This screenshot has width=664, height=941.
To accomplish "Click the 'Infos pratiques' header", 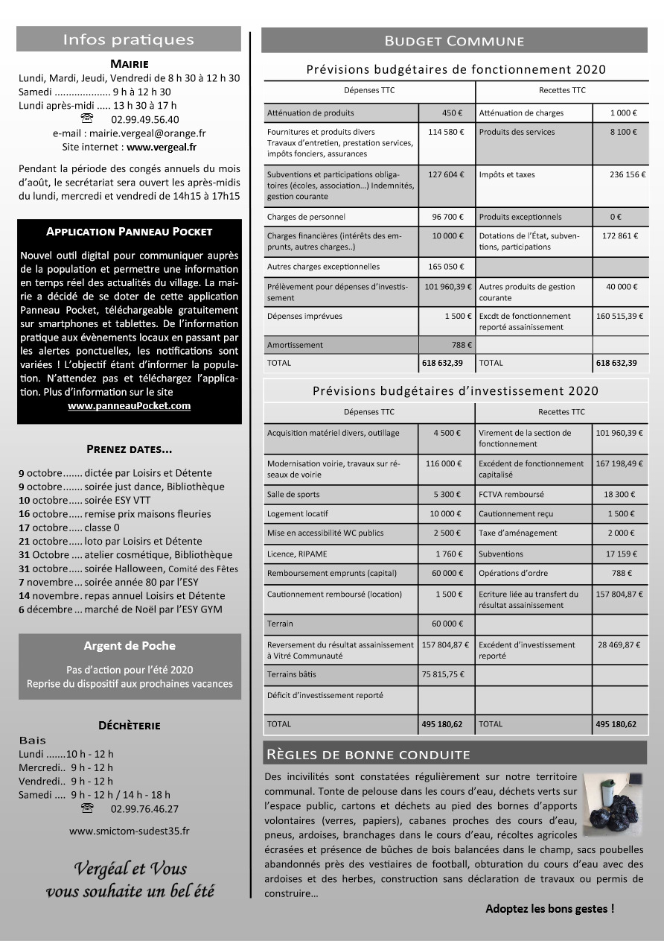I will pos(128,39).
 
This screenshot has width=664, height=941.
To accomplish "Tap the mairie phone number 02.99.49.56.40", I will pos(144,119).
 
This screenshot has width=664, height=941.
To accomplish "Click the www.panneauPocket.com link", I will pos(129,406).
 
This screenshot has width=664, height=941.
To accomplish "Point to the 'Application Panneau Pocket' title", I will pos(129,232).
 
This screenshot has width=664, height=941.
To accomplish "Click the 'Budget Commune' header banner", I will pos(454,41).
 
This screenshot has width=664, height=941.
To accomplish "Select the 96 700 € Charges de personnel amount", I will pos(447,218).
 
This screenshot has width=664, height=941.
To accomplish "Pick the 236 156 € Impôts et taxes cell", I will pos(628,175).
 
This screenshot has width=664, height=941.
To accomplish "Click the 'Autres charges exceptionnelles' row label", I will pos(323,267).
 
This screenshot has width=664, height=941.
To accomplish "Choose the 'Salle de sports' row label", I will pos(293,495).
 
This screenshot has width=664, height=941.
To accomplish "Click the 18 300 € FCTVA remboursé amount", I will pos(619,495).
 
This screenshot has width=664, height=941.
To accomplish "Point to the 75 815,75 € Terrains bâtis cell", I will pos(443,674).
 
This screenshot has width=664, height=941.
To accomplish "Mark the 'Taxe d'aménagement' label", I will pos(518,533).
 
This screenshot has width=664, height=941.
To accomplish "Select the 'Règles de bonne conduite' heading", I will pos(368,755).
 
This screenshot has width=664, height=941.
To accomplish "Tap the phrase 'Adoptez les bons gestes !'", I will pos(549,909).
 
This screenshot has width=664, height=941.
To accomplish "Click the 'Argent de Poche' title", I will pos(129,645).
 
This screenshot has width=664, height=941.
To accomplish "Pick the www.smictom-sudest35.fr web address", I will pos(129,831).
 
